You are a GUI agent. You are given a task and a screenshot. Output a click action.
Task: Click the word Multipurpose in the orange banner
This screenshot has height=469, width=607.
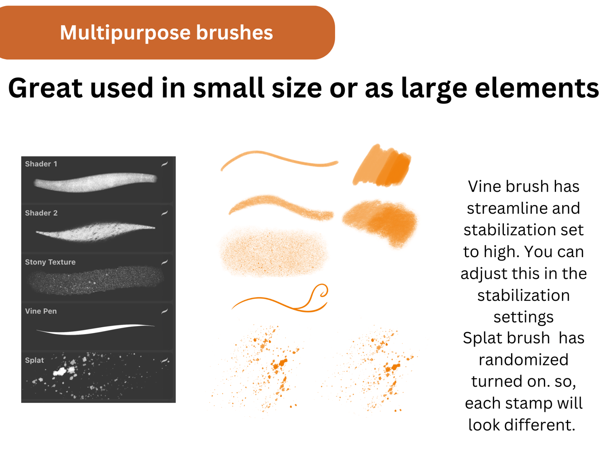tap(125, 33)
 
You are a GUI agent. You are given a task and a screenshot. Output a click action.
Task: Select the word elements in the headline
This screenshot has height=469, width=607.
tap(537, 88)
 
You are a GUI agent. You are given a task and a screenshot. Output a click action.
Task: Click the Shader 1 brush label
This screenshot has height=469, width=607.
tap(41, 164)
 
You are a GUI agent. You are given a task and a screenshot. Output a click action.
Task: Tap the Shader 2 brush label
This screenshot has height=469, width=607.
tap(41, 213)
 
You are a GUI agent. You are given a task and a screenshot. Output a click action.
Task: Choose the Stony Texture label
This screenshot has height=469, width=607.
tap(50, 262)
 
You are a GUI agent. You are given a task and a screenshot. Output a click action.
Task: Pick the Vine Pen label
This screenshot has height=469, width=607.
tap(41, 311)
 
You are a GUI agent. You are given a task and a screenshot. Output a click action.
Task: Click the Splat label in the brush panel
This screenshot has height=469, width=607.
tap(34, 360)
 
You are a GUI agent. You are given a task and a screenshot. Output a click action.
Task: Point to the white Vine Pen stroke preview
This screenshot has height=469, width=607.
tap(96, 330)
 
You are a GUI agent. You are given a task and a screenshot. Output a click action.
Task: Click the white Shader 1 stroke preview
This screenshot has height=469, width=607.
tap(95, 183)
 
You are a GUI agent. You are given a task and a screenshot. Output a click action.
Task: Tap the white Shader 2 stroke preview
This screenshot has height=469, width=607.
tap(95, 231)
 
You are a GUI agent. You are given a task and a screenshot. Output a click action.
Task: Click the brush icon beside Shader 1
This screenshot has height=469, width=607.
tap(165, 164)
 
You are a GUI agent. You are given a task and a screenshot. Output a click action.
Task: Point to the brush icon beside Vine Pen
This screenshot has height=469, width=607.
tap(165, 311)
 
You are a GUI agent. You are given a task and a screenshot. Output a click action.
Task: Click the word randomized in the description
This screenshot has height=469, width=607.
tap(524, 359)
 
